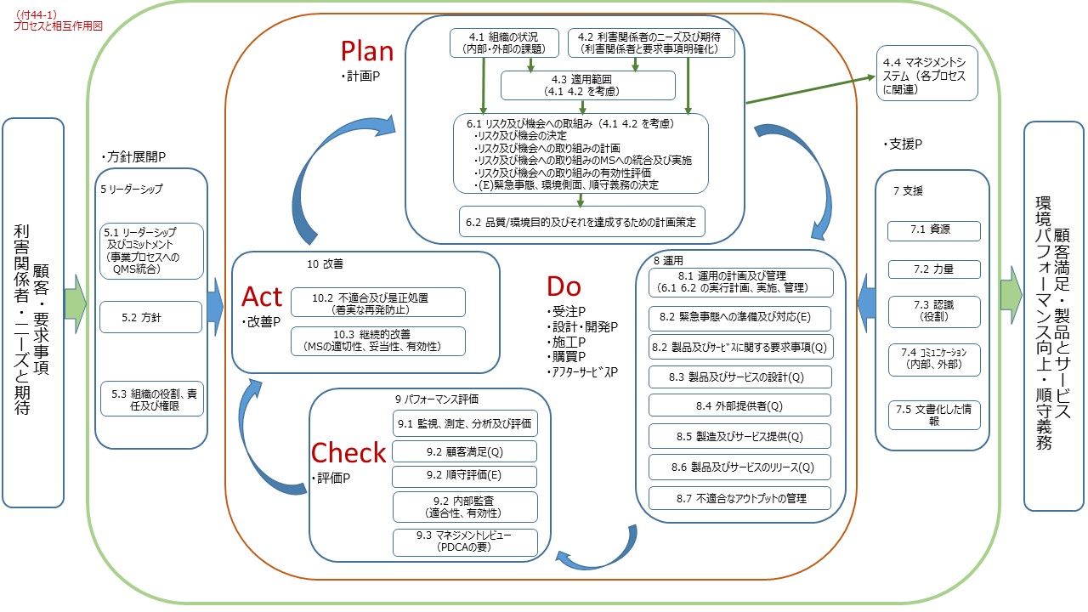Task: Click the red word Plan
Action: pos(367,51)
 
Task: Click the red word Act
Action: pos(262,297)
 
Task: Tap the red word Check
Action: pos(348,453)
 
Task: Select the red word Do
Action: pos(564,286)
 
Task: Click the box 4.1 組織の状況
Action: pos(504,43)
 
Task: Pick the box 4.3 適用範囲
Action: pos(588,85)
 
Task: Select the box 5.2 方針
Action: pos(151,316)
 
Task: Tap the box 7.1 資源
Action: pos(934,230)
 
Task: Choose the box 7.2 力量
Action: pos(934,269)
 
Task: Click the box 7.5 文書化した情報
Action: pos(934,414)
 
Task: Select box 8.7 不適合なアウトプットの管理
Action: pos(739,498)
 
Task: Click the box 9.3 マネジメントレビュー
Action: pos(465,541)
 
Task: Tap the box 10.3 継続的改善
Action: pos(377,341)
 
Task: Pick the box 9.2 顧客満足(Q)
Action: pos(465,450)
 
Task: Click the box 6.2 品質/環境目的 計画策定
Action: pos(581,222)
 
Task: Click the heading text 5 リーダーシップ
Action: pos(131,189)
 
